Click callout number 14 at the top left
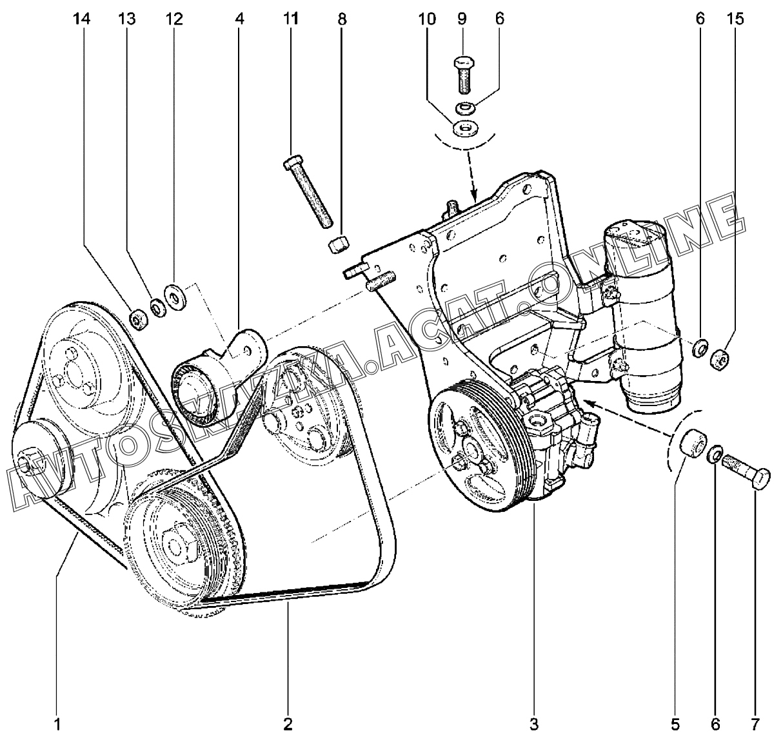[81, 19]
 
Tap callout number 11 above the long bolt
[291, 19]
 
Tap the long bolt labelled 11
[308, 193]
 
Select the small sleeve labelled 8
[339, 245]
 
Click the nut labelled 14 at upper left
[136, 318]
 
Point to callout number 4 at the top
[240, 19]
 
